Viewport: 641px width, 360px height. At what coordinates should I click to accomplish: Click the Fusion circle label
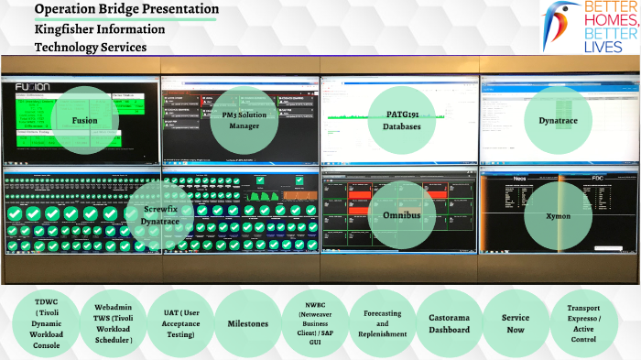pyautogui.click(x=84, y=120)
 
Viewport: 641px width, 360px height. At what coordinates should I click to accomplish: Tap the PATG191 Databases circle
pyautogui.click(x=402, y=120)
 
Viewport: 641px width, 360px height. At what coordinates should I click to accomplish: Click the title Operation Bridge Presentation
pyautogui.click(x=126, y=10)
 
